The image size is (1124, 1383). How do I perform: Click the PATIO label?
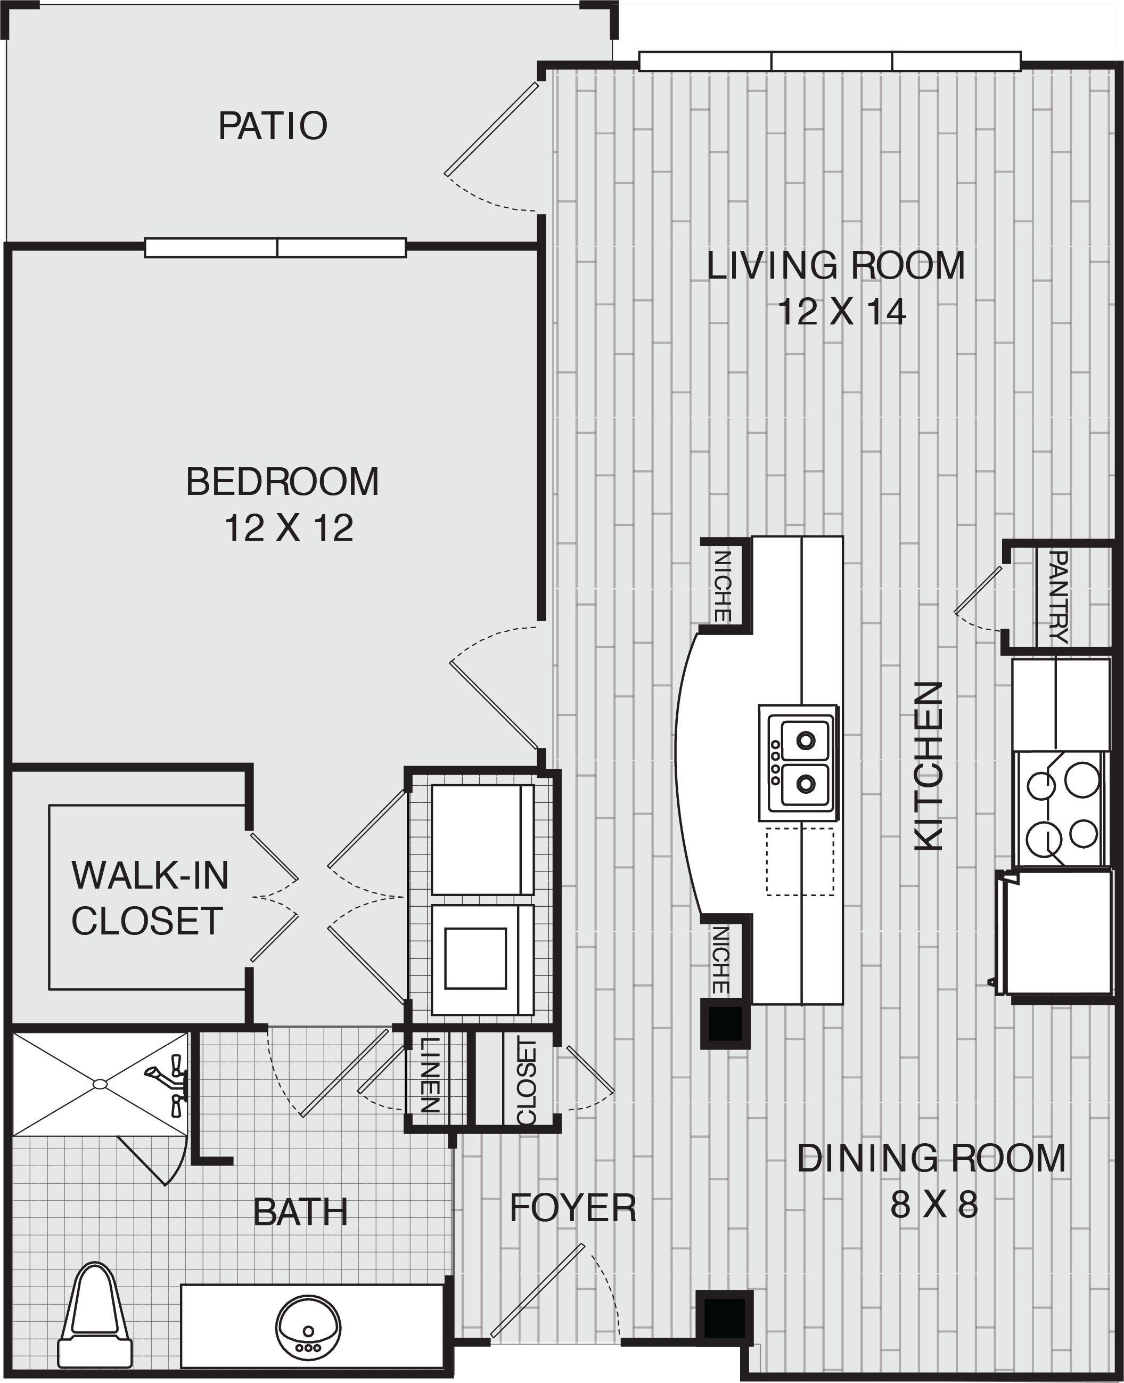coord(273,126)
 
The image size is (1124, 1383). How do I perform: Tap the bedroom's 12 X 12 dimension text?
coord(289,528)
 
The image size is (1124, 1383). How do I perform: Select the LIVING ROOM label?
coord(835,266)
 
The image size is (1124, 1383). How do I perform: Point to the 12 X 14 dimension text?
coord(841,312)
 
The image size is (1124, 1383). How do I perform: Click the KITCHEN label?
coord(929,766)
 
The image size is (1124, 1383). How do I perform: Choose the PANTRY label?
coord(1057,597)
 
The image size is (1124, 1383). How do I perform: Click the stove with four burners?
coord(1062,810)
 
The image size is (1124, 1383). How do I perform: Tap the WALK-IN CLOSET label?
coord(150,898)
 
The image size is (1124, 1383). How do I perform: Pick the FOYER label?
coord(573,1208)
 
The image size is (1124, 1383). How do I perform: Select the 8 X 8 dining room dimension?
coord(933,1206)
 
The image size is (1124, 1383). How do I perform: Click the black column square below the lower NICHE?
coord(725,1023)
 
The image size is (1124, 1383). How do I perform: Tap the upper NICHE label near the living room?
coord(722,586)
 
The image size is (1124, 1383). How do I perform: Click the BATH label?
coord(300,1212)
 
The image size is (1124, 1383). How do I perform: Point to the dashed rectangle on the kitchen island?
coord(800,862)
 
